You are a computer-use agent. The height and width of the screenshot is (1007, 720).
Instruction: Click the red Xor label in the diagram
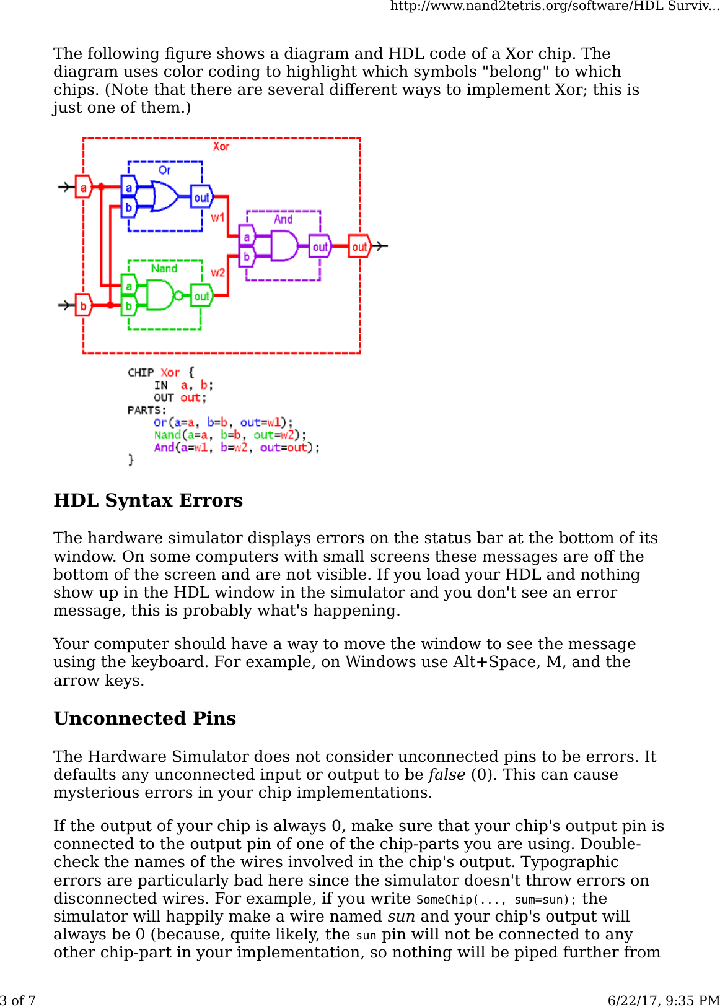[221, 147]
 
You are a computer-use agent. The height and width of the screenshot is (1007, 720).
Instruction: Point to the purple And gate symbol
[284, 246]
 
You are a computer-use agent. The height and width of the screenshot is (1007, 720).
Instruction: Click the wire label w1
[217, 217]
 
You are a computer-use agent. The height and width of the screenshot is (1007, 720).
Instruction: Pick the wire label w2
[217, 272]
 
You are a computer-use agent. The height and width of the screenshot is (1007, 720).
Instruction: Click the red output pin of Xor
[359, 246]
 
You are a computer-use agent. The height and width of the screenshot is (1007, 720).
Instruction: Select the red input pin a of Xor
[84, 187]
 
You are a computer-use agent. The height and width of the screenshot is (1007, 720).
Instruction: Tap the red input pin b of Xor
[84, 305]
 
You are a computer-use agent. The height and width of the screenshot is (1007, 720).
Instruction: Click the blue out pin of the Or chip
[201, 198]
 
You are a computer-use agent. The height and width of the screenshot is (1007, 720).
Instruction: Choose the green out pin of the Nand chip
[201, 296]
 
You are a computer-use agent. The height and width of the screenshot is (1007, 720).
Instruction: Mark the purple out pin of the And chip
[320, 246]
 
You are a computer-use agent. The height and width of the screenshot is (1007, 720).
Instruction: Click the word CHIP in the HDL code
[141, 373]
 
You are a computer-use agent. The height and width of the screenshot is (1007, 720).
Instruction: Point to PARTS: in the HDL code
[147, 410]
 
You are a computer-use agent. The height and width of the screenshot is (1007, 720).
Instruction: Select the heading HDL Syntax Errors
[148, 500]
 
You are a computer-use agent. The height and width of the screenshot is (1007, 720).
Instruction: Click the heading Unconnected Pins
[145, 718]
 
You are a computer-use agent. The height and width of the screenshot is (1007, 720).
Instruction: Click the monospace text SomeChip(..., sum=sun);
[496, 899]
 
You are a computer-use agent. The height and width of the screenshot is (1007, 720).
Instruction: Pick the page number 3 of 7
[18, 1000]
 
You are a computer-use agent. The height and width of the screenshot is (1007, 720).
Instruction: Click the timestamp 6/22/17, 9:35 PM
[664, 1000]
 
